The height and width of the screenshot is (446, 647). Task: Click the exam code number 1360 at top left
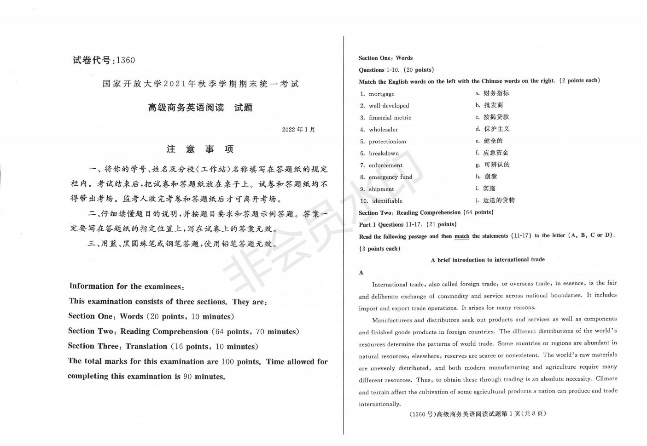(125, 60)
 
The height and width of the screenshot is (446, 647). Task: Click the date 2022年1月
(298, 130)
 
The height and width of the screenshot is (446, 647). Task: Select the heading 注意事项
(200, 149)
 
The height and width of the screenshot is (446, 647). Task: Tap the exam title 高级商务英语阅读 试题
(200, 108)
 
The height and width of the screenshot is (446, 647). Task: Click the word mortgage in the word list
(381, 94)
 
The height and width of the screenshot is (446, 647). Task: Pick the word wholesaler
(383, 130)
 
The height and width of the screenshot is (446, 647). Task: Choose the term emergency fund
(391, 177)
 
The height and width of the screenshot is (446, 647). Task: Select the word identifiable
(387, 201)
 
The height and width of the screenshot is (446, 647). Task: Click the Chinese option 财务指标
(496, 93)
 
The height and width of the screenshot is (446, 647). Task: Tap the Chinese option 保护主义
(496, 129)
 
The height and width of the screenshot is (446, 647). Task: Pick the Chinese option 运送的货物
(499, 200)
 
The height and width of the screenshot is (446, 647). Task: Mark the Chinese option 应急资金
(495, 153)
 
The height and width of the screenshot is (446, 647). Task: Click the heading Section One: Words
(385, 58)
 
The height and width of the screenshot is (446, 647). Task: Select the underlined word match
(461, 236)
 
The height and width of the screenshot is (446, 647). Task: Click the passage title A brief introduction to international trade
(487, 260)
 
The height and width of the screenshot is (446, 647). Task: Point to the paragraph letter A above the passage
(361, 273)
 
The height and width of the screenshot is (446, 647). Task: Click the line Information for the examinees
(127, 286)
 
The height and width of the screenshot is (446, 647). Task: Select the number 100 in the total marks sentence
(227, 361)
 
